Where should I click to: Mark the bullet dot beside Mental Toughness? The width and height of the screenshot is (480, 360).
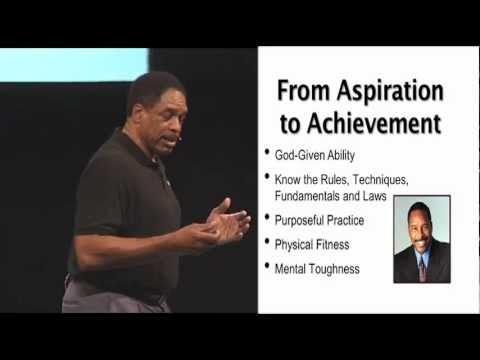266,266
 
